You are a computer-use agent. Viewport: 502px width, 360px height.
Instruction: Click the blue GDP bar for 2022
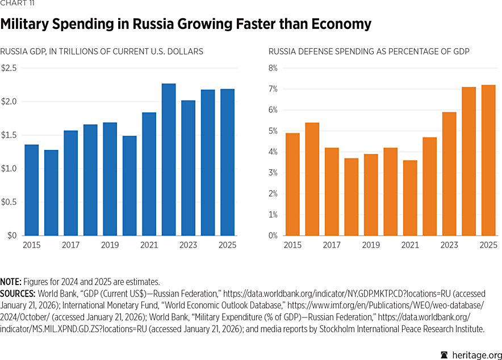pos(169,160)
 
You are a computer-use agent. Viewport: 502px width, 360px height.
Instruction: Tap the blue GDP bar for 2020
pos(129,186)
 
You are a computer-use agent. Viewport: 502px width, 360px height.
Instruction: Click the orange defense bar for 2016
pos(312,179)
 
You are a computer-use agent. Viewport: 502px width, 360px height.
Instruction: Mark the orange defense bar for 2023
pos(449,174)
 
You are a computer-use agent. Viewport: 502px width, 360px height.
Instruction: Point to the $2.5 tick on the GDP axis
pos(9,68)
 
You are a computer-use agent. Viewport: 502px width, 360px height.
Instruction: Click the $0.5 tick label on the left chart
pos(9,202)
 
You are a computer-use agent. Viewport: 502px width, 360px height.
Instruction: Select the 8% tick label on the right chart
pos(273,68)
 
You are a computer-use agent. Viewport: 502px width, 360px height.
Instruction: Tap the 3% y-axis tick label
pos(273,173)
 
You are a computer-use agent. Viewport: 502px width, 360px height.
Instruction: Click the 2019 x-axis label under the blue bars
pos(110,245)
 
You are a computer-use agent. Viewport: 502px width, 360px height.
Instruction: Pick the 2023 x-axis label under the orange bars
pos(449,245)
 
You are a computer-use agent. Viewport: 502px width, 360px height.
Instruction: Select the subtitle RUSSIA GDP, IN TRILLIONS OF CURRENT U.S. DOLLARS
pos(102,52)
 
